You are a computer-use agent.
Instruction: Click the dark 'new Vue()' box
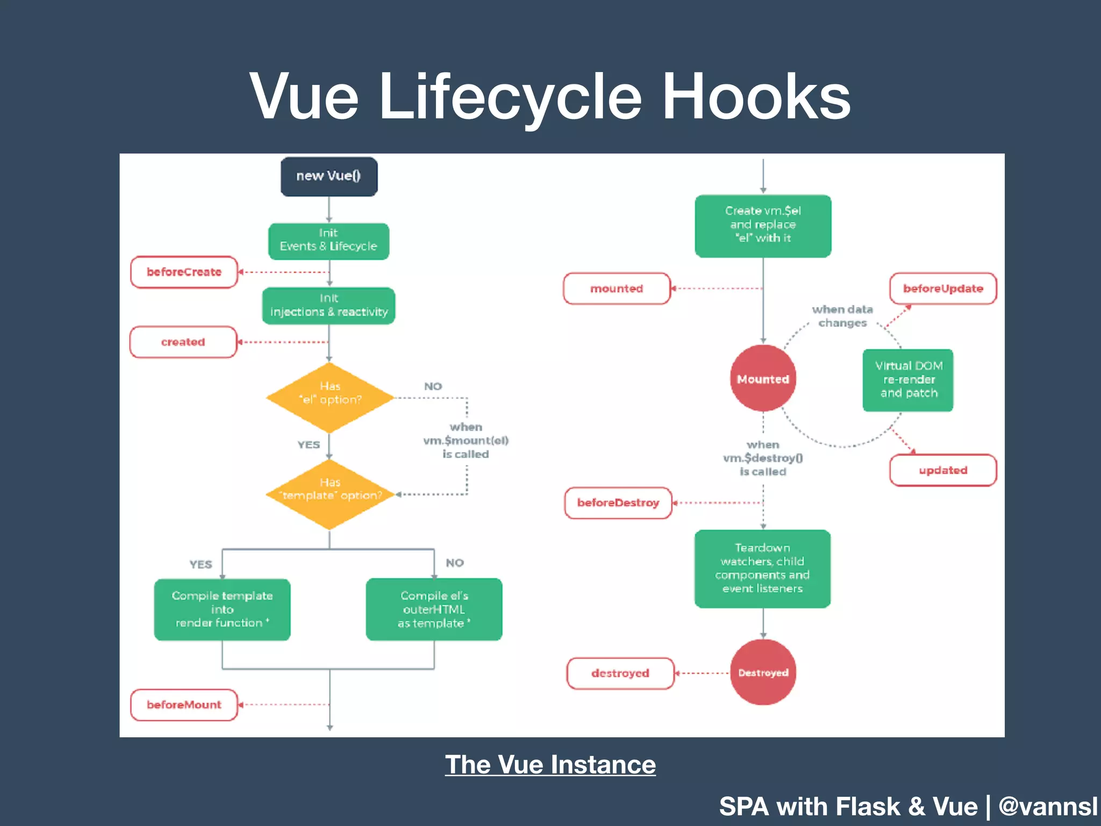(329, 176)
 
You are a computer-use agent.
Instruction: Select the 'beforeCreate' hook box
(184, 272)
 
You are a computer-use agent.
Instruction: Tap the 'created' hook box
(183, 342)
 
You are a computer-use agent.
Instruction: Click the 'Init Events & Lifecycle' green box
(328, 241)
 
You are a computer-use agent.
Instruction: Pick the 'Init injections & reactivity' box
(328, 306)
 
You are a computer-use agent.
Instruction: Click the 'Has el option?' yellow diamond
(330, 397)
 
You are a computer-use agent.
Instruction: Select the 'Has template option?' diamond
(330, 494)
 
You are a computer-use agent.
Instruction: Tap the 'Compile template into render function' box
(222, 609)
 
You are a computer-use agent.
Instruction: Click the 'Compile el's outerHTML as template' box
(434, 609)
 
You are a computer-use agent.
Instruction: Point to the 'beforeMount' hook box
(184, 704)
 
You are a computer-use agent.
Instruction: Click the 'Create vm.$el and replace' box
(763, 225)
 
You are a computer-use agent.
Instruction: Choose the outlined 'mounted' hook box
(617, 289)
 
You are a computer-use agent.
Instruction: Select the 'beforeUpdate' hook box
(943, 289)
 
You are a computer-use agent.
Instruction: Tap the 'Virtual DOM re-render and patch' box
(908, 380)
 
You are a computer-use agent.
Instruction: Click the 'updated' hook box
(943, 471)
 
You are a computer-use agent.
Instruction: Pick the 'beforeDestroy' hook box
(618, 503)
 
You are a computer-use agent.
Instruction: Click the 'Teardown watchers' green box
(762, 568)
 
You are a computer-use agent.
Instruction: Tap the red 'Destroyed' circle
(763, 672)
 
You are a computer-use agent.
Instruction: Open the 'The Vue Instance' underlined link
(550, 764)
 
